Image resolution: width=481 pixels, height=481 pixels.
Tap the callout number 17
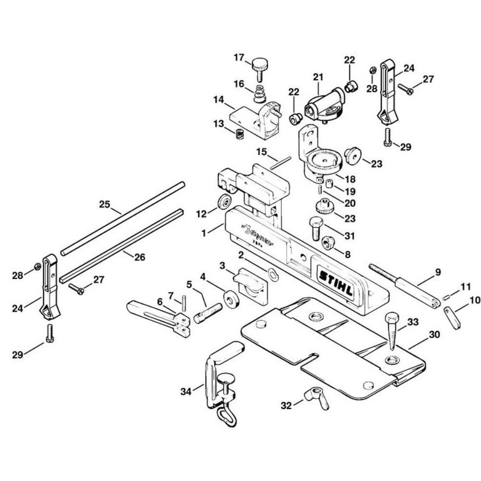[x=240, y=58]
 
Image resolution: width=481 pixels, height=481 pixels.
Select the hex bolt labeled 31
[x=315, y=228]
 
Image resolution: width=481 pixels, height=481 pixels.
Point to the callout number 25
[x=105, y=204]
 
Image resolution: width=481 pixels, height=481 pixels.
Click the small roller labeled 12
[x=224, y=203]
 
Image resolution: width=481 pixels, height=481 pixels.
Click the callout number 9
[x=437, y=272]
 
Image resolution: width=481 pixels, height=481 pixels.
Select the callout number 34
[x=186, y=392]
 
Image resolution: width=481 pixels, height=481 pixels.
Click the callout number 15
[x=261, y=152]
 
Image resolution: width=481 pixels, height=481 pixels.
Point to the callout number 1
[x=204, y=232]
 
